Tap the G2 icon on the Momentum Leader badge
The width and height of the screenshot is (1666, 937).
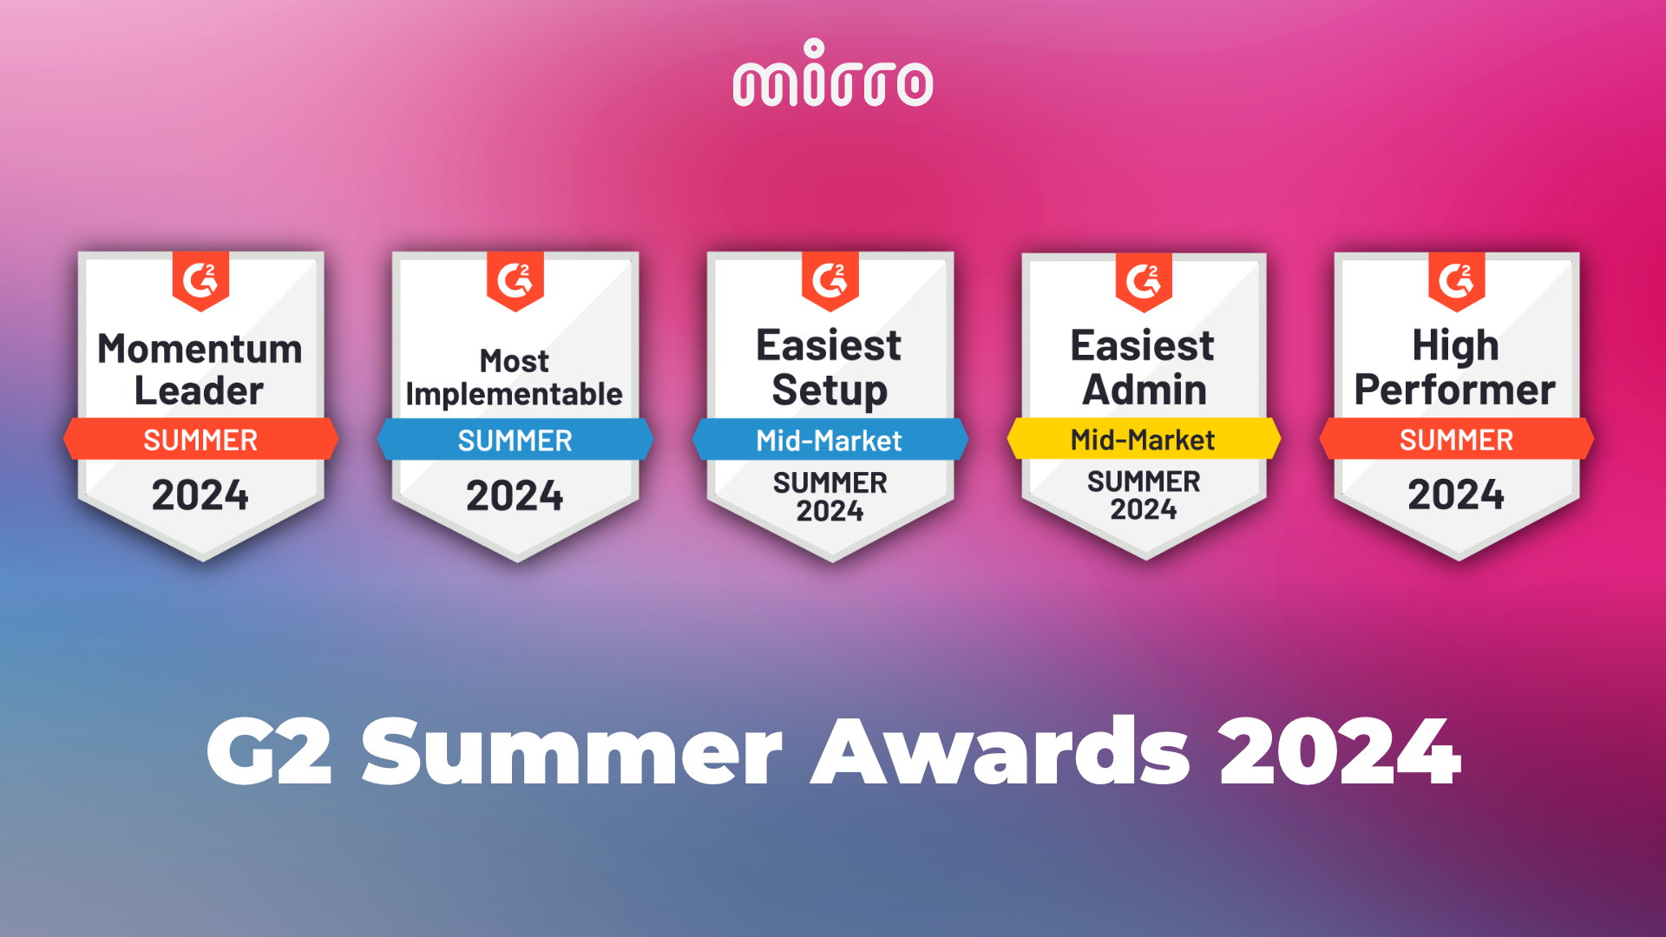[x=200, y=280]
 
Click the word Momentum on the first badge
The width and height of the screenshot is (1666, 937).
[x=200, y=349]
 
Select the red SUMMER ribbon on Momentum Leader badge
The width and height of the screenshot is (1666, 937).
[x=200, y=439]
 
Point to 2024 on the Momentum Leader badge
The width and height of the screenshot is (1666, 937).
[x=200, y=495]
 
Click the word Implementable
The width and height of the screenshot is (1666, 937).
[x=514, y=395]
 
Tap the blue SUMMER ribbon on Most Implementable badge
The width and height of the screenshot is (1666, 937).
[x=515, y=440]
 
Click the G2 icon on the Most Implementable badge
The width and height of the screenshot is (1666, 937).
[x=515, y=280]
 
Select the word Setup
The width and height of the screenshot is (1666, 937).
[x=830, y=390]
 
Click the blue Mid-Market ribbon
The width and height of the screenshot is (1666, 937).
[x=830, y=440]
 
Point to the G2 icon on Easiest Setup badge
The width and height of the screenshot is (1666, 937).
[x=830, y=280]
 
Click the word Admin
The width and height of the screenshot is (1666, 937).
[x=1145, y=390]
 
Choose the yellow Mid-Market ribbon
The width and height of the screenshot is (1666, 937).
[x=1144, y=439]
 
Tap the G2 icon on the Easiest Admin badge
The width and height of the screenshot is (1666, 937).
[x=1144, y=281]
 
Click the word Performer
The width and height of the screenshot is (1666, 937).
[x=1455, y=390]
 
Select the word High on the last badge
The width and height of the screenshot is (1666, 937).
[x=1456, y=346]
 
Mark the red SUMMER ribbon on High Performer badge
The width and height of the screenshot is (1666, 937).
[x=1457, y=439]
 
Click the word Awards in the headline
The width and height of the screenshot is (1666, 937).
[x=1000, y=751]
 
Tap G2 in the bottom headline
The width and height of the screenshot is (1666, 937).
[x=269, y=751]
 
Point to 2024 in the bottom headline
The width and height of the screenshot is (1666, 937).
[x=1341, y=751]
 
